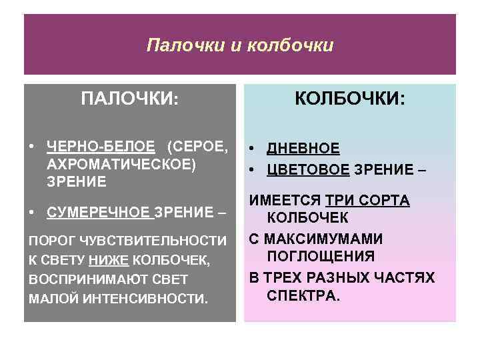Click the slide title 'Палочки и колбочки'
(239, 45)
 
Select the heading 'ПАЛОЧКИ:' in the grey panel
(129, 99)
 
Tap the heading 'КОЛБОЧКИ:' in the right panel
(350, 99)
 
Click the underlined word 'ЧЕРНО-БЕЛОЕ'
(101, 147)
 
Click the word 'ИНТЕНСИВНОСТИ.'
(150, 299)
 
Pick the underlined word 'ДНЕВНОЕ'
(303, 149)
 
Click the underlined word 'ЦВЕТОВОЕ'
(308, 169)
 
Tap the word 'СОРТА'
(386, 201)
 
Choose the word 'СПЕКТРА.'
(303, 295)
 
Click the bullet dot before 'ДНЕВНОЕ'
(253, 149)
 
